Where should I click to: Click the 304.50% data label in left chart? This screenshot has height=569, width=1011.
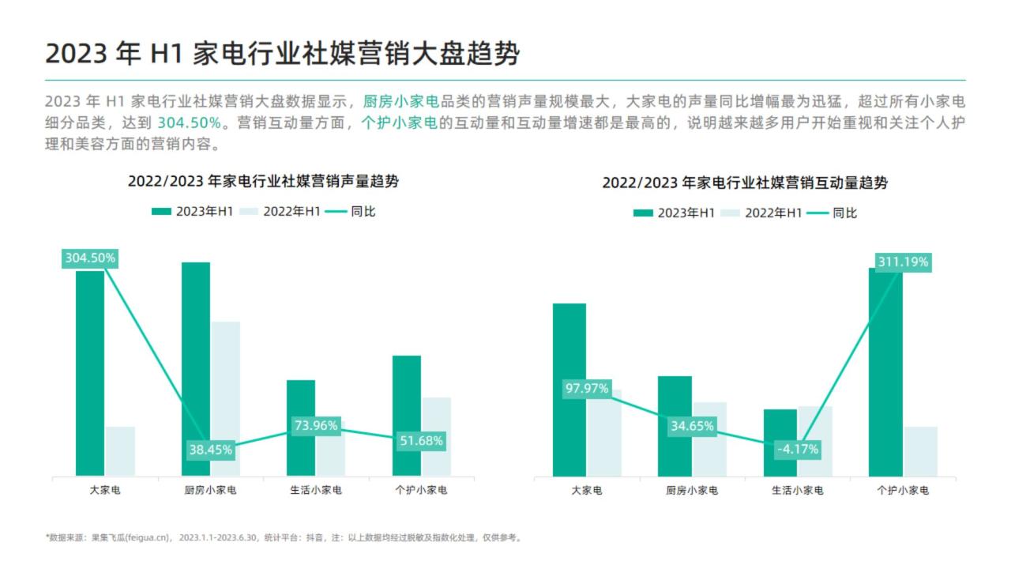click(x=90, y=258)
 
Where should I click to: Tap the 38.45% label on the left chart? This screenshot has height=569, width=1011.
click(x=211, y=450)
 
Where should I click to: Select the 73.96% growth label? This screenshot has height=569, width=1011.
click(x=316, y=425)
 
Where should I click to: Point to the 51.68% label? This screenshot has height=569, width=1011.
click(x=422, y=441)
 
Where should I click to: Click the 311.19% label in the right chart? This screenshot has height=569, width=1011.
click(x=903, y=262)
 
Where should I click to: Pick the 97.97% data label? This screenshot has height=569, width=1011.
click(x=587, y=388)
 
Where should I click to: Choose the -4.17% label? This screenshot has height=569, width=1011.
click(x=798, y=450)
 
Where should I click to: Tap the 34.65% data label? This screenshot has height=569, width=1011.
click(x=693, y=426)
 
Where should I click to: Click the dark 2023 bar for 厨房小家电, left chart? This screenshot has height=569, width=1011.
click(x=196, y=369)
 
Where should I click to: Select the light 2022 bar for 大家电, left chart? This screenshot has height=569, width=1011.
click(x=120, y=451)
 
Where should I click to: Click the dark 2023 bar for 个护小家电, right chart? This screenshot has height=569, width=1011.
click(x=885, y=372)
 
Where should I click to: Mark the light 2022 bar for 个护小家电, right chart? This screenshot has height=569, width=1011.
click(x=921, y=451)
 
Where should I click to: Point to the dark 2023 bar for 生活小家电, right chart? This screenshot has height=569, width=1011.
click(x=780, y=443)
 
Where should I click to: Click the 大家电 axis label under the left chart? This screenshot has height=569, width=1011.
click(x=105, y=491)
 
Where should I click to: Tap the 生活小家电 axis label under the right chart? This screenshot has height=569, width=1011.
click(x=798, y=491)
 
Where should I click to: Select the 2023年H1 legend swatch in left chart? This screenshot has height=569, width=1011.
click(x=161, y=212)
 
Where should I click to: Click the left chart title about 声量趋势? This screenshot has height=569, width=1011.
click(x=263, y=182)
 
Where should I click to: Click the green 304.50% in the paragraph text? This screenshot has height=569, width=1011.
click(x=189, y=122)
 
